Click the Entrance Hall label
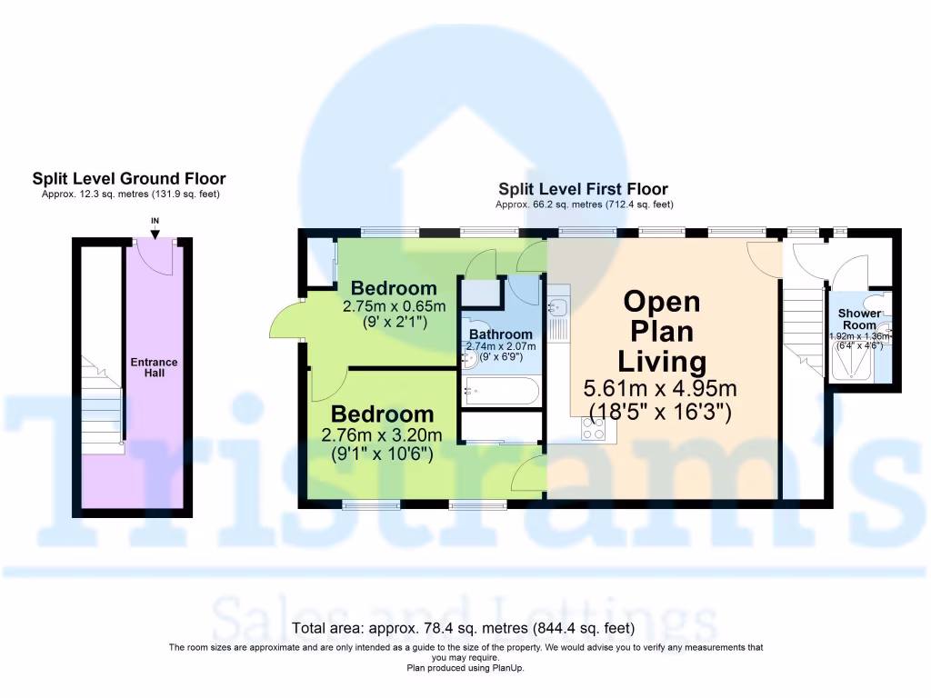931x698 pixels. click(x=154, y=367)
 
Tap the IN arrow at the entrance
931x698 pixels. click(x=155, y=232)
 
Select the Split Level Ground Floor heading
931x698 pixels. click(x=129, y=179)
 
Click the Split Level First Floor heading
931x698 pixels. click(x=583, y=189)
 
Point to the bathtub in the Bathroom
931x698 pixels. click(x=501, y=393)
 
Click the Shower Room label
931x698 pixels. click(x=859, y=319)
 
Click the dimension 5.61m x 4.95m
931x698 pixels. click(x=659, y=389)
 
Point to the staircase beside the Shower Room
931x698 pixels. click(x=803, y=323)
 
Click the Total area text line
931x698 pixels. click(x=465, y=628)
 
